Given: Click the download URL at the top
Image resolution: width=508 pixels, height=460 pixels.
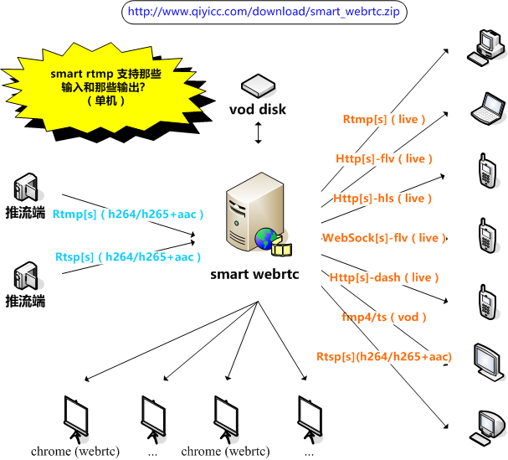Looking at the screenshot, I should pyautogui.click(x=261, y=13).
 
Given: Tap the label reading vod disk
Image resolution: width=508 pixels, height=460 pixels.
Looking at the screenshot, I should pyautogui.click(x=258, y=110).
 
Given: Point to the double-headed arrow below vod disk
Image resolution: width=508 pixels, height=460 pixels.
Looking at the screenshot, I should pyautogui.click(x=259, y=132).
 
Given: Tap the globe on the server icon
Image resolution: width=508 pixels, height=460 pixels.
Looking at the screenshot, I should pyautogui.click(x=266, y=239).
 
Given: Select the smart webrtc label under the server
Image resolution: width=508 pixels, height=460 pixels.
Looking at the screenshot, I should pyautogui.click(x=254, y=273).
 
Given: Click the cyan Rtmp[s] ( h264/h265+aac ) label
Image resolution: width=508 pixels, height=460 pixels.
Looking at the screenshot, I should pyautogui.click(x=128, y=214).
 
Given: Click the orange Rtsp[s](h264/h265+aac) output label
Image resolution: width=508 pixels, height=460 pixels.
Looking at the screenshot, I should pyautogui.click(x=384, y=357).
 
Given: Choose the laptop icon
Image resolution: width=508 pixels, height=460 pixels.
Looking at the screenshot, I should pyautogui.click(x=485, y=105).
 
